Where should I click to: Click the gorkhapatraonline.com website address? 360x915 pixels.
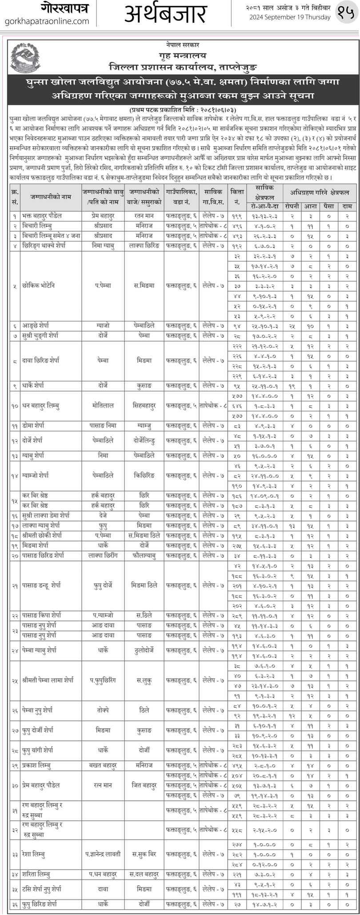[46, 21]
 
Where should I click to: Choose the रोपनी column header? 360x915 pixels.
[292, 206]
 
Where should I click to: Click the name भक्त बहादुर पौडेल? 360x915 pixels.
[43, 216]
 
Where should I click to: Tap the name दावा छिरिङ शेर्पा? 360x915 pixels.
[42, 360]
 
